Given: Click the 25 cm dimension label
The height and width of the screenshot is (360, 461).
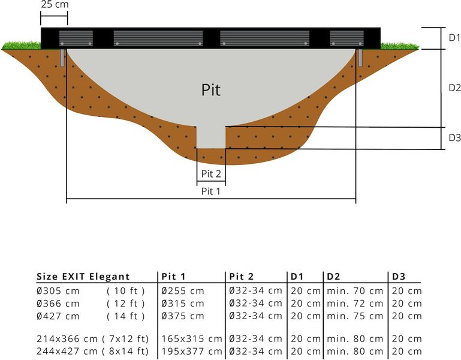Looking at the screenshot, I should pos(54,5).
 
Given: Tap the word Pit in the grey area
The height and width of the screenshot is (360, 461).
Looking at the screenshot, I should pos(210,90).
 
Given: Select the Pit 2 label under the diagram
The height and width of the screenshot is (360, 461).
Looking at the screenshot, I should pos(211,173).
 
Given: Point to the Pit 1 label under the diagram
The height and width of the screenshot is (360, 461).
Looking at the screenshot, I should pos(210,191).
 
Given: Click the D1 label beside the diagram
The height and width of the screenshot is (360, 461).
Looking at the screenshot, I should pos(454,38).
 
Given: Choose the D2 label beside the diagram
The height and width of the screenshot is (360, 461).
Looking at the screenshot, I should pos(454,87).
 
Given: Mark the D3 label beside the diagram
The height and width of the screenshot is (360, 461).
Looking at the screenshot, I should pos(454,138).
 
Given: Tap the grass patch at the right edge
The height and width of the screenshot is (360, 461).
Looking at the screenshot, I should pos(399,45).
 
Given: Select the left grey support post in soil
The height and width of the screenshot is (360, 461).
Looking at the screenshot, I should pos(62,58).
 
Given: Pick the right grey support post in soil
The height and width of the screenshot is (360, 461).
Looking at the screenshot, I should pos(360,58).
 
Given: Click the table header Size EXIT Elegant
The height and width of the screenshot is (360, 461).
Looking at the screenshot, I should pos(83,277).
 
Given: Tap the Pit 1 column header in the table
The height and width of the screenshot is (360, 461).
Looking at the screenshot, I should pos(173,277).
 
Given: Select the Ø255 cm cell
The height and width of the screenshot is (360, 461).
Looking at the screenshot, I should pos(183,291).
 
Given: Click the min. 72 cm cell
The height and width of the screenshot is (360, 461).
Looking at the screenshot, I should pos(355,304).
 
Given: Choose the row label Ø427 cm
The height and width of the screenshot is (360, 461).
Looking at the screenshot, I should pos(58,316).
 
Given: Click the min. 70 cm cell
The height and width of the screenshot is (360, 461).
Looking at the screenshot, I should pos(355,291).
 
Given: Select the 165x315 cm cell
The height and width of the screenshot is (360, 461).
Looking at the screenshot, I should pos(192,339).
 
